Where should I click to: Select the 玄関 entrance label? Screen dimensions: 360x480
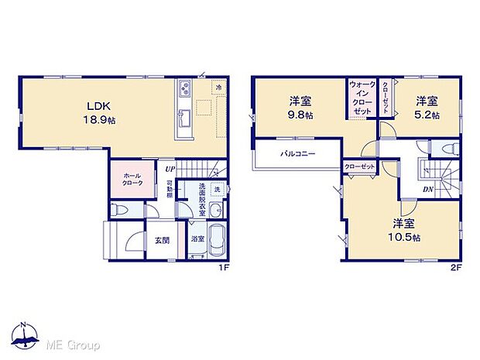tap(162, 238)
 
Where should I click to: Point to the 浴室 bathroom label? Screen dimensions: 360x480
tap(197, 238)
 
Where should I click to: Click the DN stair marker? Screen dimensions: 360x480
tap(428, 188)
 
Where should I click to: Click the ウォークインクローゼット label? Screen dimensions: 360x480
tap(361, 98)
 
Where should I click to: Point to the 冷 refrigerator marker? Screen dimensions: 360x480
tap(219, 89)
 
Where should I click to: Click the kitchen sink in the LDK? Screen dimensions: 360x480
tap(186, 119)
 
